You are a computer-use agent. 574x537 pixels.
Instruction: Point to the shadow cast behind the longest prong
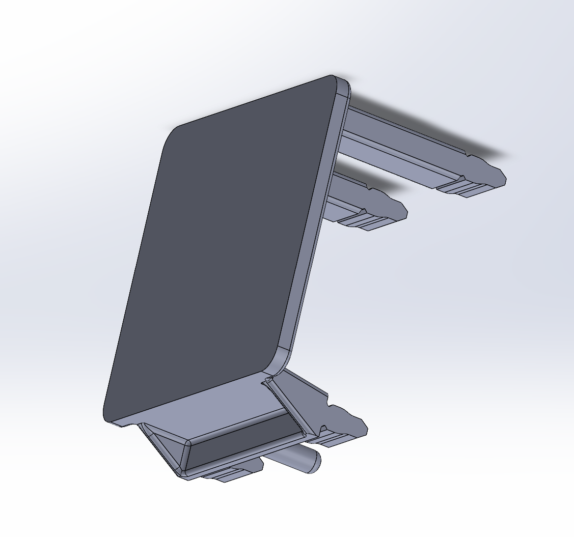(433, 127)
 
